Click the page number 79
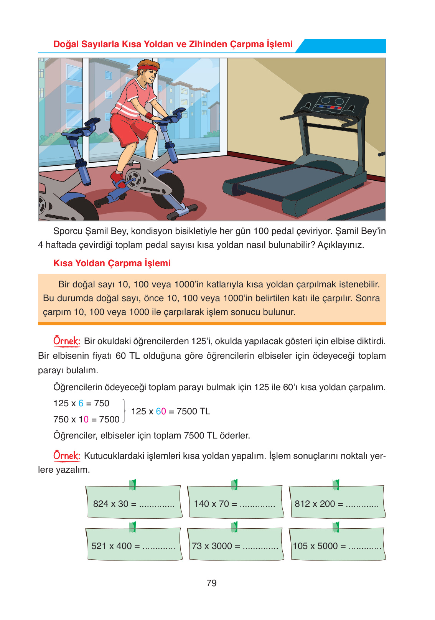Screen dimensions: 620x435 point(211,583)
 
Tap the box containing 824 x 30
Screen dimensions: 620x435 point(133,503)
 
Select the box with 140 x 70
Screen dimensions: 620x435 point(235,503)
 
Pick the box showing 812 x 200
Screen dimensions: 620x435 point(337,503)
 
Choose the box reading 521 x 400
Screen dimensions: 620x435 point(133,545)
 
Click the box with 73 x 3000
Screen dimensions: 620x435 point(235,545)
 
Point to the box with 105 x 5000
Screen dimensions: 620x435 point(337,545)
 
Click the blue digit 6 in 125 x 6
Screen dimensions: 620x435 point(81,403)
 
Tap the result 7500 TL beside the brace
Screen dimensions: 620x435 point(193,411)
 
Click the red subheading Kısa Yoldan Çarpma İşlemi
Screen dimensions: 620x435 point(112,263)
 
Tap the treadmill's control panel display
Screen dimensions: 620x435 point(331,104)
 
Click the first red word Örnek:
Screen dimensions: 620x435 point(67,341)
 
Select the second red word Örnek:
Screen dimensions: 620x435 point(67,455)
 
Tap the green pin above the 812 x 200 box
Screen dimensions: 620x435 point(336,485)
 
